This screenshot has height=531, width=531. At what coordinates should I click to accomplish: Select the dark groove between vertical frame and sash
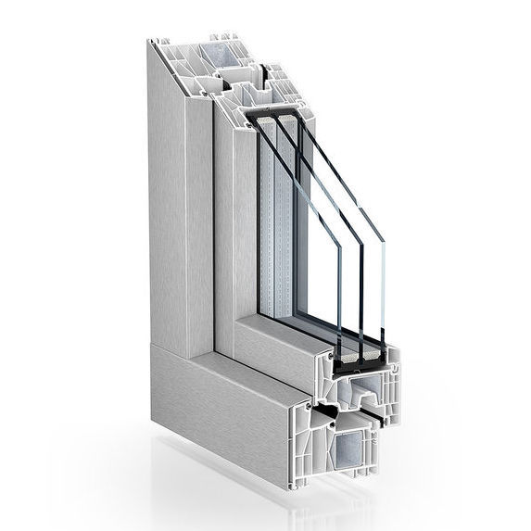tap(214, 232)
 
